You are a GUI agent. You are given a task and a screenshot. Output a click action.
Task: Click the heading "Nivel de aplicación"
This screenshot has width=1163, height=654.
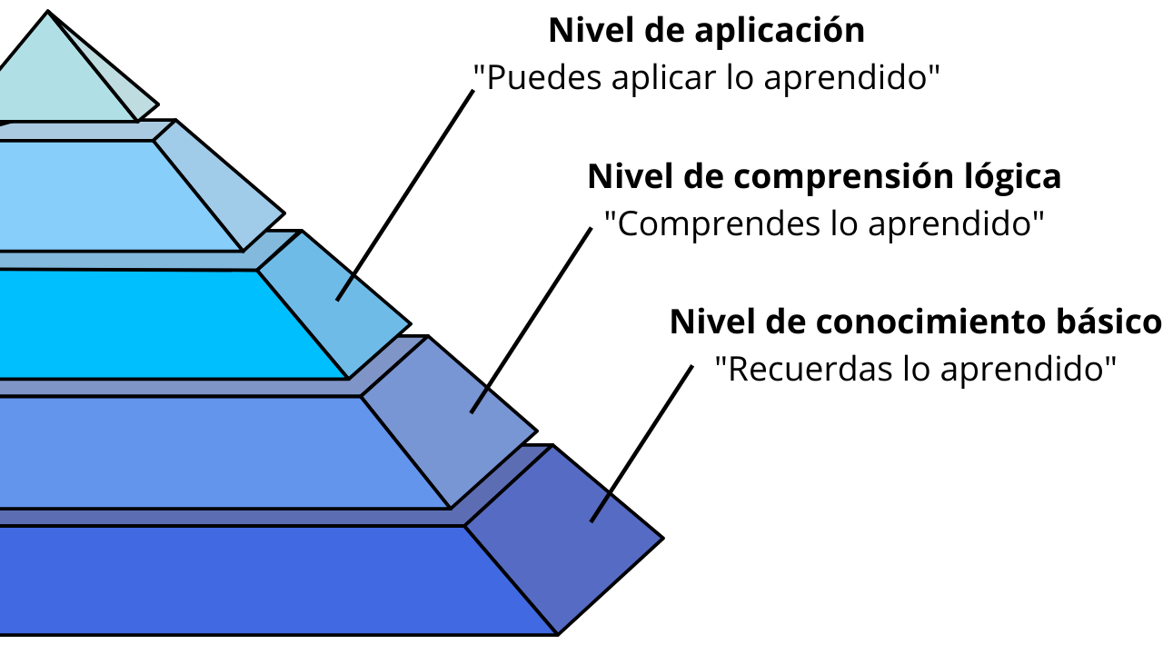pyautogui.click(x=706, y=31)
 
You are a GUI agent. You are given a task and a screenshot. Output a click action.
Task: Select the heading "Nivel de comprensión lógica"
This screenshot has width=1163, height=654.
pyautogui.click(x=824, y=176)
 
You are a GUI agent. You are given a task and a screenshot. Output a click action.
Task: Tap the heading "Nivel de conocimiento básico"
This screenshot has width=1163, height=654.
pyautogui.click(x=915, y=322)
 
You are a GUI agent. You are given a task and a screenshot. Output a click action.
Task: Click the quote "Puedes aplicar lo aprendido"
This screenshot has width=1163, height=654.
pyautogui.click(x=706, y=78)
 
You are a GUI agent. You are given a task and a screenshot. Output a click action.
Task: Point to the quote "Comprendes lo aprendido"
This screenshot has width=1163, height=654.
pyautogui.click(x=824, y=223)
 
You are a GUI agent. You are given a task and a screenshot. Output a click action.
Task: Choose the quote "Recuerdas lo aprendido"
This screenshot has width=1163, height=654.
pyautogui.click(x=915, y=370)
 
